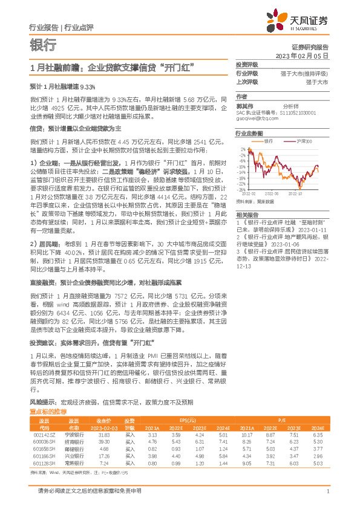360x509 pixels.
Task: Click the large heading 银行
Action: tap(42, 46)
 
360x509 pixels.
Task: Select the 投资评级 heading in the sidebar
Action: tap(247, 64)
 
